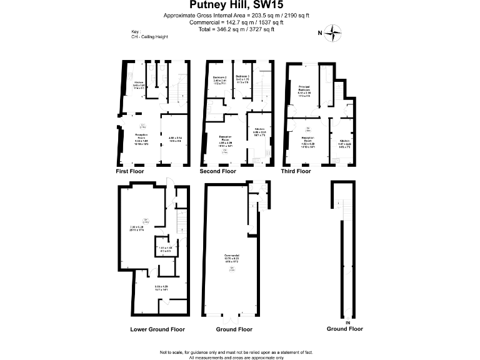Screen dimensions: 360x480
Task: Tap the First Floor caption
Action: tap(130, 171)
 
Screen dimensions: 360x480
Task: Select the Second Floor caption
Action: tap(217, 171)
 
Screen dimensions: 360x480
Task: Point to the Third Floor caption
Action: tap(296, 171)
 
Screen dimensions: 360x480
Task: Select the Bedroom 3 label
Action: tap(243, 79)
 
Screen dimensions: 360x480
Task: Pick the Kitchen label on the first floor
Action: tap(139, 82)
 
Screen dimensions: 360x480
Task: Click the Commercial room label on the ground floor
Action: tap(232, 256)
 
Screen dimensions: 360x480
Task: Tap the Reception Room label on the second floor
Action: tap(226, 139)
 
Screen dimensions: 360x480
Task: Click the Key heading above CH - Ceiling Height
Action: tap(136, 31)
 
